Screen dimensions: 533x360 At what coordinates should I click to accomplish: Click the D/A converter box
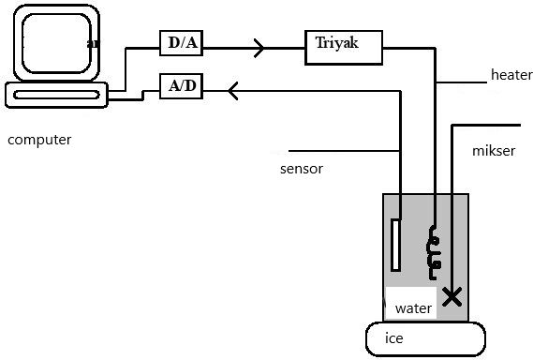[181, 43]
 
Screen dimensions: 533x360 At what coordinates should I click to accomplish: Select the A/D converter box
[181, 86]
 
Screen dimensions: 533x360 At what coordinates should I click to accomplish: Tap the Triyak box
[344, 47]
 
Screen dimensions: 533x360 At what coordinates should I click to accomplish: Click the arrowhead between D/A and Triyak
[259, 48]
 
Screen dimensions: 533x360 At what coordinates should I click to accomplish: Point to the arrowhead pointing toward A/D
[233, 91]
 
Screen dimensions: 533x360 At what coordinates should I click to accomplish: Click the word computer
[39, 140]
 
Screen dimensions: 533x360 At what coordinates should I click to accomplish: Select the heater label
[511, 75]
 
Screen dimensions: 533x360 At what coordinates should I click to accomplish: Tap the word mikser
[494, 151]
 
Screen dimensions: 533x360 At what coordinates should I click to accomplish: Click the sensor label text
[302, 169]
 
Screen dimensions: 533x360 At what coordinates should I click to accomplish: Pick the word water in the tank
[413, 308]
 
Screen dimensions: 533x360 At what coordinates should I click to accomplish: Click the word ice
[394, 338]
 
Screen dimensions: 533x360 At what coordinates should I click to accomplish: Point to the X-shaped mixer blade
[452, 296]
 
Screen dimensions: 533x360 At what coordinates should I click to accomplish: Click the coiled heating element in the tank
[433, 252]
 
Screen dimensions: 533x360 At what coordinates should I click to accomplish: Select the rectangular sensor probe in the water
[395, 246]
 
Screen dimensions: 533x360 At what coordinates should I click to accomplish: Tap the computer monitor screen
[56, 43]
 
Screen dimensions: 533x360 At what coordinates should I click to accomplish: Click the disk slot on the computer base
[56, 95]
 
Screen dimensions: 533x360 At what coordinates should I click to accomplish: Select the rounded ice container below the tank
[425, 338]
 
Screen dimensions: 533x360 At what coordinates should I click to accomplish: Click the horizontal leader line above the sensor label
[344, 150]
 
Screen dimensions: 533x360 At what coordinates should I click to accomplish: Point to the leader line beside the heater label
[462, 82]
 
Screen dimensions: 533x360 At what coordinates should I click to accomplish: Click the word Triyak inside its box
[336, 43]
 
